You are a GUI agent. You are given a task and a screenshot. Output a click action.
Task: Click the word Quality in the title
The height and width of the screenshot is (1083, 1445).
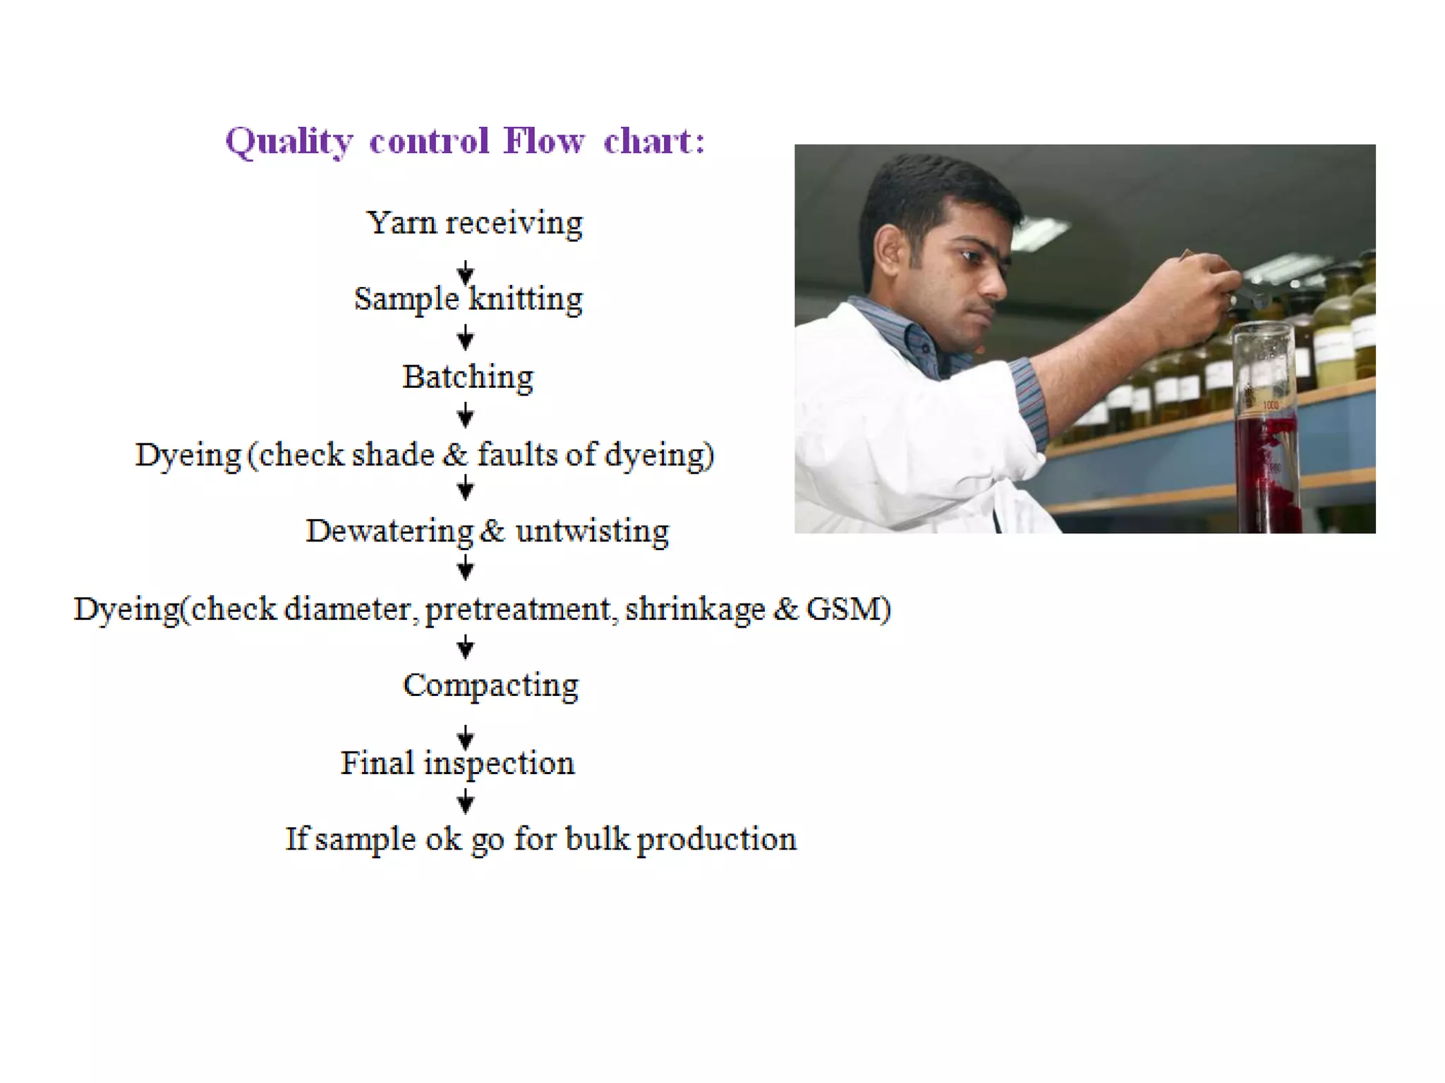point(289,142)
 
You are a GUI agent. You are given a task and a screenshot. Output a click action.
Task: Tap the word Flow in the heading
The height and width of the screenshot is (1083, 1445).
point(544,140)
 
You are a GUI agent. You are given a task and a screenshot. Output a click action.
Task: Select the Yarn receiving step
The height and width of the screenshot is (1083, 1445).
point(474,224)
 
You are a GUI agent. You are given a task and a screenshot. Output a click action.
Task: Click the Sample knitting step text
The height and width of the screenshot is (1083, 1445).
point(468,299)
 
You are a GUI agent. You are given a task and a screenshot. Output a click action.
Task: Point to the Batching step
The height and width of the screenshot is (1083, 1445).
point(468,377)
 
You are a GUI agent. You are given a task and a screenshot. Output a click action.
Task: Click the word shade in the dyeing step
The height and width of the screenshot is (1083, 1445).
point(393,455)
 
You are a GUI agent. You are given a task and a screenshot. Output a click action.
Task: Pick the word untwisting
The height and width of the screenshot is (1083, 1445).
point(592,532)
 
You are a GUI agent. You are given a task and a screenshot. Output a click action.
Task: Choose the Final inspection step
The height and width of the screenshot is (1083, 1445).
point(457,764)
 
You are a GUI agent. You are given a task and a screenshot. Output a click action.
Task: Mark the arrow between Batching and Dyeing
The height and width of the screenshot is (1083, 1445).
point(465,415)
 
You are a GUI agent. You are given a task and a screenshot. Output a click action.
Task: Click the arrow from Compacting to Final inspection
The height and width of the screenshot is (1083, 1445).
point(465,737)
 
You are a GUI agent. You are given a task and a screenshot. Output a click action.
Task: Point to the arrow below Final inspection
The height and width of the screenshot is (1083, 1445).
point(465,801)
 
